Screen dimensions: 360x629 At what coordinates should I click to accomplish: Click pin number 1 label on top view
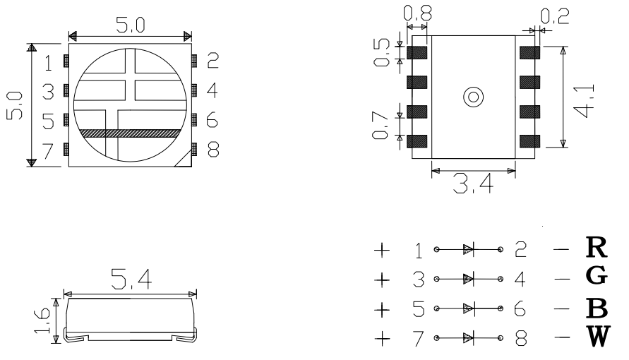pos(48,64)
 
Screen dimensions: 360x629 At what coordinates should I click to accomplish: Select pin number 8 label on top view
pos(212,149)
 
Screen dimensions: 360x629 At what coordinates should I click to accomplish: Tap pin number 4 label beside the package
pos(212,90)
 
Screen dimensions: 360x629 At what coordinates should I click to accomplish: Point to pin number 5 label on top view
pos(48,121)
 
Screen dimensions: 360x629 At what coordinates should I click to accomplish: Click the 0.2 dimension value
pos(550,14)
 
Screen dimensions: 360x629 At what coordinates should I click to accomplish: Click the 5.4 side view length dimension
pos(129,280)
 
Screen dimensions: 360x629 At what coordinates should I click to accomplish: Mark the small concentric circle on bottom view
pos(471,97)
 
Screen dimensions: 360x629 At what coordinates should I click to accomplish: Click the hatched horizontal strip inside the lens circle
pos(131,133)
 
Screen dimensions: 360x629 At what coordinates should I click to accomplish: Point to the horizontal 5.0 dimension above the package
pos(130,26)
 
